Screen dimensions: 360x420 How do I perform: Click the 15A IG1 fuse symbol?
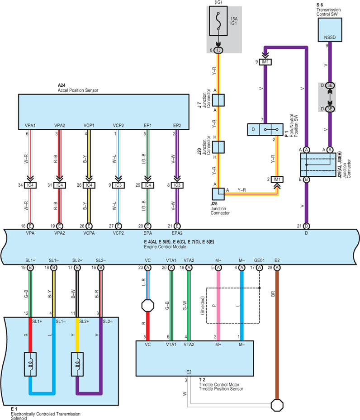218,21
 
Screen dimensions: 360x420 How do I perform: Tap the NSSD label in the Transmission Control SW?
330,37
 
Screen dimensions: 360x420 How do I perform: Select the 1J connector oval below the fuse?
218,50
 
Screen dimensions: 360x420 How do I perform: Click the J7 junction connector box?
218,100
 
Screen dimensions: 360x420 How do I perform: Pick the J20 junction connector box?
218,147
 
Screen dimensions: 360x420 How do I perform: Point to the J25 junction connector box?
218,194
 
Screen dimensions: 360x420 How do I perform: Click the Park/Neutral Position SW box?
265,129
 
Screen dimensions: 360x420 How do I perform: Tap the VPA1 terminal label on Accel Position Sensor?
30,125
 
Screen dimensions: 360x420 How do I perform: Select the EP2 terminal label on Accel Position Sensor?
177,125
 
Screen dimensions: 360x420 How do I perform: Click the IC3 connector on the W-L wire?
118,185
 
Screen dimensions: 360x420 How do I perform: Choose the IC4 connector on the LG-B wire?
147,185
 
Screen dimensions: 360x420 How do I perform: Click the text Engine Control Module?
165,247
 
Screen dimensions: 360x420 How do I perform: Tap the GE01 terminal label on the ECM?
259,260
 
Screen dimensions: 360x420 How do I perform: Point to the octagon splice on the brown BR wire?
277,405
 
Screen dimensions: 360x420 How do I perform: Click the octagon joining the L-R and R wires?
147,306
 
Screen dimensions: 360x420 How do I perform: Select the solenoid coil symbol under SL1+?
30,364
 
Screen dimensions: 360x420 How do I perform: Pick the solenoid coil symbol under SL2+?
77,364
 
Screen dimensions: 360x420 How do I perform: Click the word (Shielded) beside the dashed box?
203,305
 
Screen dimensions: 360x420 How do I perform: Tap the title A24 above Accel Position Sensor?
62,85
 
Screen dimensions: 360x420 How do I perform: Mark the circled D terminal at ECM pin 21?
307,226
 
